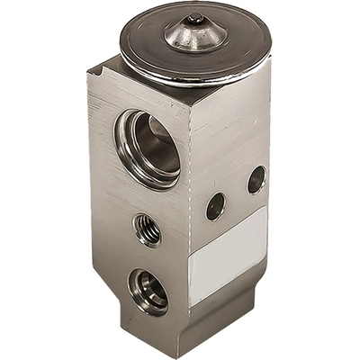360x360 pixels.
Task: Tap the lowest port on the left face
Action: pyautogui.click(x=148, y=290)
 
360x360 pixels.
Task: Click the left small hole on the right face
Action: pyautogui.click(x=215, y=207)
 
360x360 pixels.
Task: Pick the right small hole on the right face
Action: pyautogui.click(x=256, y=178)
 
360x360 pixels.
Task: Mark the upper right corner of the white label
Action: pyautogui.click(x=266, y=208)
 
